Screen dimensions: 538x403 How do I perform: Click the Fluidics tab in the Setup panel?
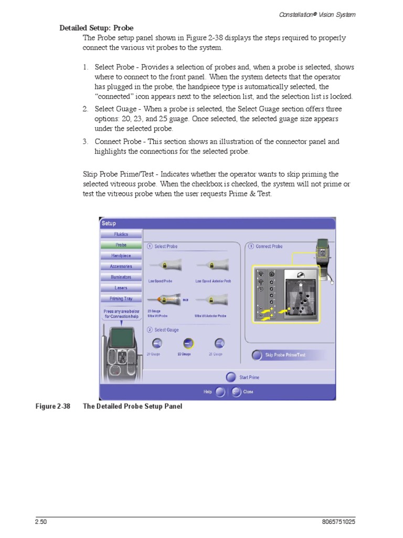[121, 234]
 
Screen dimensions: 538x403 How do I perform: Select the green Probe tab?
[121, 245]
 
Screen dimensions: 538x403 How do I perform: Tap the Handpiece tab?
[121, 256]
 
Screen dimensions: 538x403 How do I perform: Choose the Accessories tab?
[121, 266]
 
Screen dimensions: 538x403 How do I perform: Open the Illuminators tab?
[121, 277]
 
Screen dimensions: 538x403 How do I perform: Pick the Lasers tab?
[121, 288]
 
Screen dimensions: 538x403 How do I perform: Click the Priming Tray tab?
[121, 299]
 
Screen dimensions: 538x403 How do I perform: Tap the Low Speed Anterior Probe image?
[213, 265]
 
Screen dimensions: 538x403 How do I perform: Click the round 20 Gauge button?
[157, 343]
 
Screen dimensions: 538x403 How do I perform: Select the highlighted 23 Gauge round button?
[189, 343]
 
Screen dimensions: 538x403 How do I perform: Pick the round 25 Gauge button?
[220, 343]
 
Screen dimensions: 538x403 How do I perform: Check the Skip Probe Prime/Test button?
[257, 355]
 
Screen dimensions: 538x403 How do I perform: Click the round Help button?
[220, 391]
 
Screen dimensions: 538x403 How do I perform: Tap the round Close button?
[236, 391]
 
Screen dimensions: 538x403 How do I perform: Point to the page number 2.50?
[41, 522]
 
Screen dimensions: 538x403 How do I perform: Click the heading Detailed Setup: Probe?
[96, 28]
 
